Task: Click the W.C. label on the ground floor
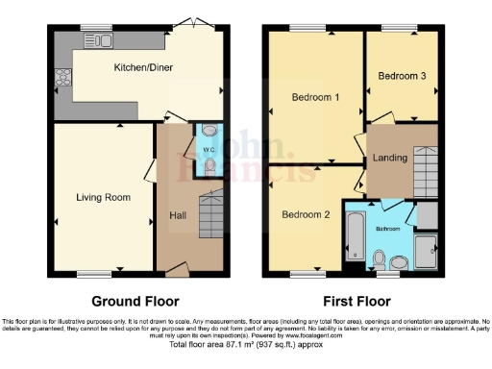(209, 151)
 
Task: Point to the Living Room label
(103, 197)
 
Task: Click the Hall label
(178, 214)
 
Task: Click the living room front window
(92, 273)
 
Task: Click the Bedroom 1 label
(315, 96)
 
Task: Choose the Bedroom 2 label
(306, 215)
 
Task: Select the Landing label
(389, 157)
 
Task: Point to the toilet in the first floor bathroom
(381, 258)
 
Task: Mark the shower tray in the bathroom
(424, 251)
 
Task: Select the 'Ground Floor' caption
(135, 300)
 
